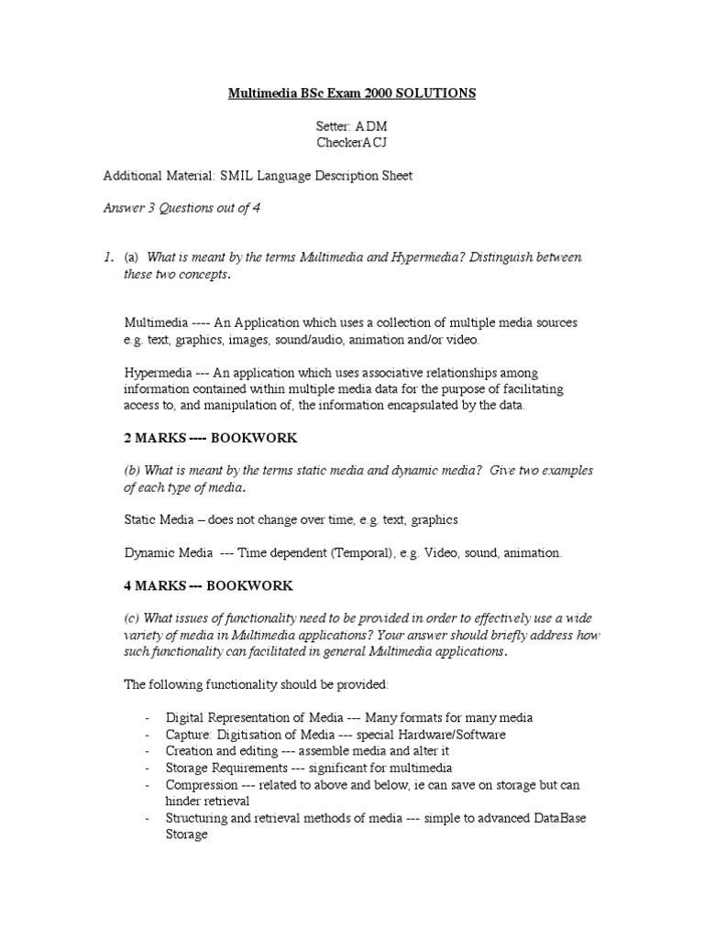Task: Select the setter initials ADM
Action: point(370,127)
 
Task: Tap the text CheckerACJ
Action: point(351,143)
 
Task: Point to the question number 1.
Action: point(107,257)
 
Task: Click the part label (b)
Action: point(133,471)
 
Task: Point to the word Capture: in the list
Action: point(188,735)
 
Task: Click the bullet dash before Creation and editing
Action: point(148,751)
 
